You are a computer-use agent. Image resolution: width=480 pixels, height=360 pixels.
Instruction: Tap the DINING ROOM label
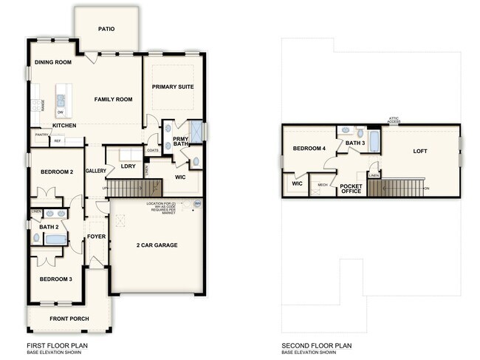pos(53,62)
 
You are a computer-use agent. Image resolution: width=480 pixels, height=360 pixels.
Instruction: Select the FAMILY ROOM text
pos(113,98)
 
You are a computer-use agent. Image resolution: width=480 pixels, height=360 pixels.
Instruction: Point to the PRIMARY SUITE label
pos(173,86)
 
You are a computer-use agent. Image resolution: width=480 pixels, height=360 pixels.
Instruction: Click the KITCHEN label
pos(64,126)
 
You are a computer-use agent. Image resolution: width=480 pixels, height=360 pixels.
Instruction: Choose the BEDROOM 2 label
pos(56,171)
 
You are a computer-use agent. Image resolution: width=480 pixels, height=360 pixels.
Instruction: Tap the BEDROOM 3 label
pos(56,279)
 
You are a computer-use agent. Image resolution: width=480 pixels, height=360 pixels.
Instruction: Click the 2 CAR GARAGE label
pos(157,245)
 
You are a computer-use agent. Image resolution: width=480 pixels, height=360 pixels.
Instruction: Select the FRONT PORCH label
pos(69,319)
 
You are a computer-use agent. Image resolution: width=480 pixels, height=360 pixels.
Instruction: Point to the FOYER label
pos(97,237)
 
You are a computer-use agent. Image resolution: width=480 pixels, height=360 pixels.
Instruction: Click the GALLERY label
pos(96,171)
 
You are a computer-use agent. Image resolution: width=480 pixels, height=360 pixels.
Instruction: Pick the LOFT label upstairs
pos(419,151)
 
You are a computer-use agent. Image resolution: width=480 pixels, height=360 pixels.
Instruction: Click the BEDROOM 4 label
pos(309,149)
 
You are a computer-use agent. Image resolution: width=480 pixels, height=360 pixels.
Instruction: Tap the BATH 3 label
pos(355,143)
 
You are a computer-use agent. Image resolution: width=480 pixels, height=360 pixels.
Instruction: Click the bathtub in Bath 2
pos(56,239)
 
